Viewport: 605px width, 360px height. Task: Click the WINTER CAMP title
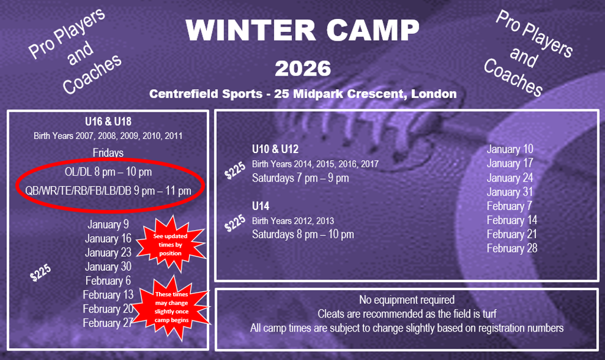click(302, 30)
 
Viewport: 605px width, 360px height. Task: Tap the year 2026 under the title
click(303, 69)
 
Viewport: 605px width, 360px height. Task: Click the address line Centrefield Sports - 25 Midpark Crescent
click(303, 94)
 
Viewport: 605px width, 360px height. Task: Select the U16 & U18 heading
click(108, 122)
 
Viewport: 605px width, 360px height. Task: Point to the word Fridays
click(108, 153)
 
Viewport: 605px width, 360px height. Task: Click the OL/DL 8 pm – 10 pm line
click(108, 171)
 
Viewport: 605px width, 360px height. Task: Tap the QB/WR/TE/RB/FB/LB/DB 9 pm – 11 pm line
click(108, 190)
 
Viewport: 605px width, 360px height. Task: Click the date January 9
click(108, 224)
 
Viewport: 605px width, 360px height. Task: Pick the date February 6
click(108, 281)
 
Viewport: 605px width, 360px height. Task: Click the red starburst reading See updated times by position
click(170, 245)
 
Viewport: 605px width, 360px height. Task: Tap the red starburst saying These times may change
click(172, 307)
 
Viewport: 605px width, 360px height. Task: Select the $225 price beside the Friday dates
click(41, 273)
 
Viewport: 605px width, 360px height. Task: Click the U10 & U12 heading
click(275, 149)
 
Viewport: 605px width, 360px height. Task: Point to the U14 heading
click(261, 206)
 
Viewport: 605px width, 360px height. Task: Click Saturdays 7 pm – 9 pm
click(300, 178)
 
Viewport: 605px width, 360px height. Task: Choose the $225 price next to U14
click(235, 223)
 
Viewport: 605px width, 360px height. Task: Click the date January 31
click(510, 192)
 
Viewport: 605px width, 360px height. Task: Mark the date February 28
click(512, 248)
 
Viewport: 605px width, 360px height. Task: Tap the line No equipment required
click(406, 300)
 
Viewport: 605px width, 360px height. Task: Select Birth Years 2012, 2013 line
click(293, 220)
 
